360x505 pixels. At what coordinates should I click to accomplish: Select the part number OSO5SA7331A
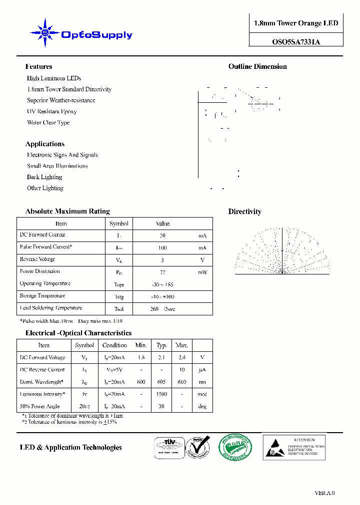click(296, 42)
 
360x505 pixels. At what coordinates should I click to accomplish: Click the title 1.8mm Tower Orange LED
click(296, 23)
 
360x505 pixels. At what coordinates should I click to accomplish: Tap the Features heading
click(38, 66)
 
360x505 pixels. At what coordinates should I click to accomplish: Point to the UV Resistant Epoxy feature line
click(51, 111)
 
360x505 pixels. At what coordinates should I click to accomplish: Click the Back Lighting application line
click(44, 177)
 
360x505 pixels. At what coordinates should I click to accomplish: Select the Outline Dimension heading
click(257, 66)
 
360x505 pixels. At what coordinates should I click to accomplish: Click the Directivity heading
click(244, 212)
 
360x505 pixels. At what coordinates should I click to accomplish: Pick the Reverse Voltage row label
click(37, 259)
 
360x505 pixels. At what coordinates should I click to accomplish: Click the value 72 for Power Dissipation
click(162, 272)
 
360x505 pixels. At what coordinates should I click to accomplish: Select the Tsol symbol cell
click(119, 309)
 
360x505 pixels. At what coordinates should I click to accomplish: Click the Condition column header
click(114, 345)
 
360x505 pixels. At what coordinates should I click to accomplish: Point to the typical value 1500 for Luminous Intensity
click(161, 394)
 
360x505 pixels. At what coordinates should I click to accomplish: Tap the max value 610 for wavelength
click(181, 382)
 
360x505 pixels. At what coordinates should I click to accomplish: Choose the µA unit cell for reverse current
click(202, 370)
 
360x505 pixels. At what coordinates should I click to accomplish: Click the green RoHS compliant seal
click(235, 447)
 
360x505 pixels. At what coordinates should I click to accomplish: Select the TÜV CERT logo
click(167, 446)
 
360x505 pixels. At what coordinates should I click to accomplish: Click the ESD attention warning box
click(294, 447)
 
